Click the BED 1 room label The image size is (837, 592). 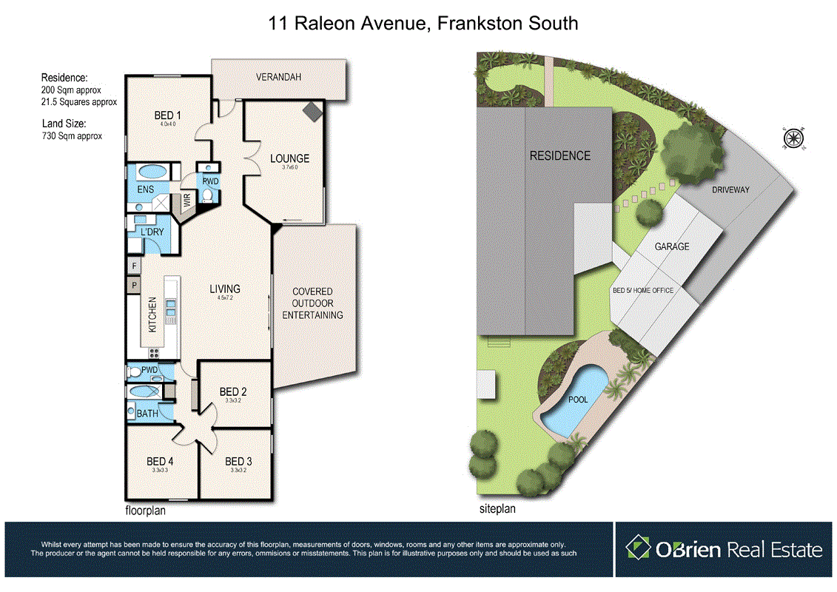click(x=167, y=115)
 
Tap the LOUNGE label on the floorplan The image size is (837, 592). click(x=289, y=158)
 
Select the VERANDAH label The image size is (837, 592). click(x=278, y=77)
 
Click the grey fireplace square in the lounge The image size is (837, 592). click(x=312, y=110)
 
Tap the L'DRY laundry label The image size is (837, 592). click(x=152, y=232)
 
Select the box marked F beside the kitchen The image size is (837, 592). click(x=135, y=266)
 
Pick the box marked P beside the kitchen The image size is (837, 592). click(x=135, y=284)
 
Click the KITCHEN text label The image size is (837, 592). click(x=152, y=314)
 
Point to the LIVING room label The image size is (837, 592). click(x=224, y=289)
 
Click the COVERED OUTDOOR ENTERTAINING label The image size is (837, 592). click(x=312, y=303)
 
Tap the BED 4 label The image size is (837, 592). click(x=160, y=461)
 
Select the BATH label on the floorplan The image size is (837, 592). click(x=147, y=414)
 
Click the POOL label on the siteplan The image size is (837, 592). click(x=578, y=400)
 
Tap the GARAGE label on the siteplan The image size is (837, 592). click(x=671, y=246)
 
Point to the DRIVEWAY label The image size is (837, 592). click(x=730, y=190)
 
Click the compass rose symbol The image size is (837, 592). click(x=793, y=138)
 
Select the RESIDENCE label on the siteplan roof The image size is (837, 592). click(x=559, y=155)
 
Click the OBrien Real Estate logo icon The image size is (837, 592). click(x=637, y=548)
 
